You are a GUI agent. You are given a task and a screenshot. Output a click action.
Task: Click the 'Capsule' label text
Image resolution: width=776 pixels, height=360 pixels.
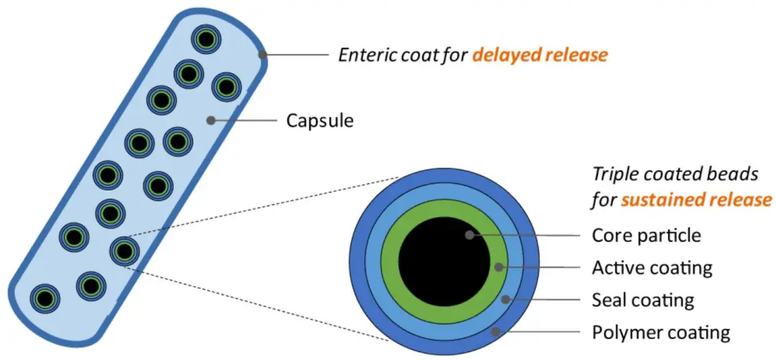click(320, 121)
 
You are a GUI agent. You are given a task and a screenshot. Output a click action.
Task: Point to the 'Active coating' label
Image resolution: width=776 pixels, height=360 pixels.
click(651, 268)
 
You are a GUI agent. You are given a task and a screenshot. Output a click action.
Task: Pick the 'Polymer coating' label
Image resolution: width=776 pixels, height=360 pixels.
click(660, 333)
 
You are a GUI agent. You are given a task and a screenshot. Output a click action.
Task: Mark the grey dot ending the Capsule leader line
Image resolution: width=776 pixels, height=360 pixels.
click(210, 121)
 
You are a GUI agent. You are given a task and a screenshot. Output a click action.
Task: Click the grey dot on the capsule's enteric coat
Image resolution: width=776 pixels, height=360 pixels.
click(263, 55)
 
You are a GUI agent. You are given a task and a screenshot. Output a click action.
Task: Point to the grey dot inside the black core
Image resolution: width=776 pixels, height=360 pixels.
click(469, 235)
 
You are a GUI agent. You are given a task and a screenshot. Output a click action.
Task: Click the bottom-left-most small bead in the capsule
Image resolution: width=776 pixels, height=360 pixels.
click(45, 297)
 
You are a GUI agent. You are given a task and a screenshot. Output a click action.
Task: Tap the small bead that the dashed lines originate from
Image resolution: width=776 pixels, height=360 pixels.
click(124, 251)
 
